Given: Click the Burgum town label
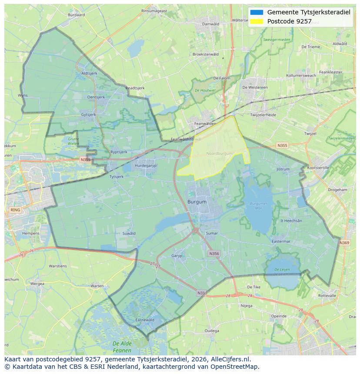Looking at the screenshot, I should pos(197,202).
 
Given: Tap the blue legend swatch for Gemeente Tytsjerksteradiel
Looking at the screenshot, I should pos(257,12).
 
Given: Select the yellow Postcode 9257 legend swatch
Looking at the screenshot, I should pos(257,21).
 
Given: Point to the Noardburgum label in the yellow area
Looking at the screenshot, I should pos(219,153).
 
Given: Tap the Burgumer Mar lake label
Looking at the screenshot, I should pos(259,205).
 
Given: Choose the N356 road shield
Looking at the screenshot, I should pos(214,253).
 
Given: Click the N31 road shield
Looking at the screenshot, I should pos(201,293).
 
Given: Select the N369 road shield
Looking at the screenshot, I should pos(344,243).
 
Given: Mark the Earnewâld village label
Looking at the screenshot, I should pos(145,320).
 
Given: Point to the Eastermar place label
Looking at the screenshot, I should pos(280,242).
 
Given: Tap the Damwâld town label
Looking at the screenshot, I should pos(211,24).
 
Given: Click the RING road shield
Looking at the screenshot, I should pos(15,210).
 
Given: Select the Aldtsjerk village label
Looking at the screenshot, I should pos(89,73).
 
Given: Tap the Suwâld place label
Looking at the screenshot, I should pos(129,233).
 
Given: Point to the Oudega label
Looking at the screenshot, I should pos(212,331).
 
